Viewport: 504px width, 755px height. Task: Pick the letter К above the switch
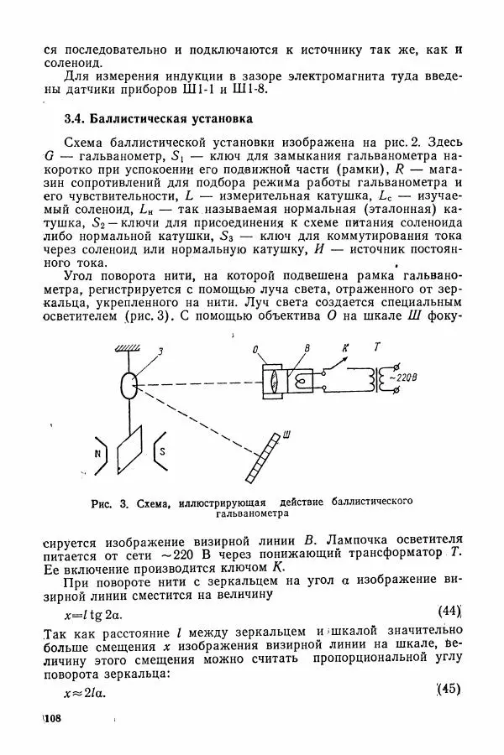tap(344, 346)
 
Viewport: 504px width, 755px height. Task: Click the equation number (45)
tap(449, 690)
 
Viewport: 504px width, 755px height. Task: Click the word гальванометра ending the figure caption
tap(251, 514)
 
